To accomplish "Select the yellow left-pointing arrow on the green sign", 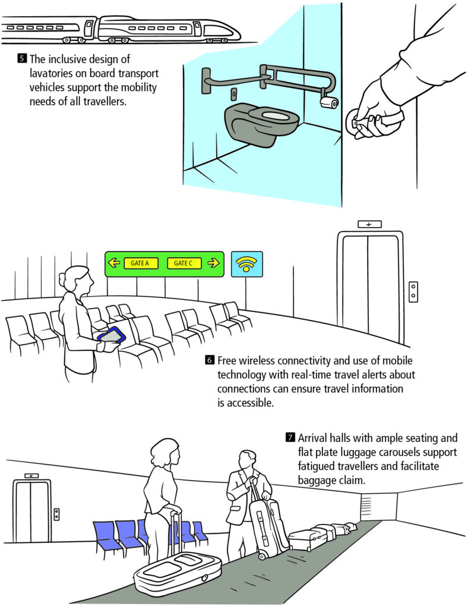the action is (x=113, y=263).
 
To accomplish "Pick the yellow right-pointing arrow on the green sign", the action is (x=213, y=263).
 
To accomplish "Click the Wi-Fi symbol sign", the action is (x=247, y=264).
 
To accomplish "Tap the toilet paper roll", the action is (x=329, y=102).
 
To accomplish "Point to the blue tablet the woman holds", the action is (x=112, y=335).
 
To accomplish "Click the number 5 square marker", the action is (x=22, y=59).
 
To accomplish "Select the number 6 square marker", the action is (x=210, y=360).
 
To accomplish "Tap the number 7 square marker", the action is (x=290, y=438).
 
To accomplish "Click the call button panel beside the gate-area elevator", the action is (x=413, y=291).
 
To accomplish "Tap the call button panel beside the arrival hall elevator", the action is (x=56, y=514).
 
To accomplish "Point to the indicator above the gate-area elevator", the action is (x=369, y=224).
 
